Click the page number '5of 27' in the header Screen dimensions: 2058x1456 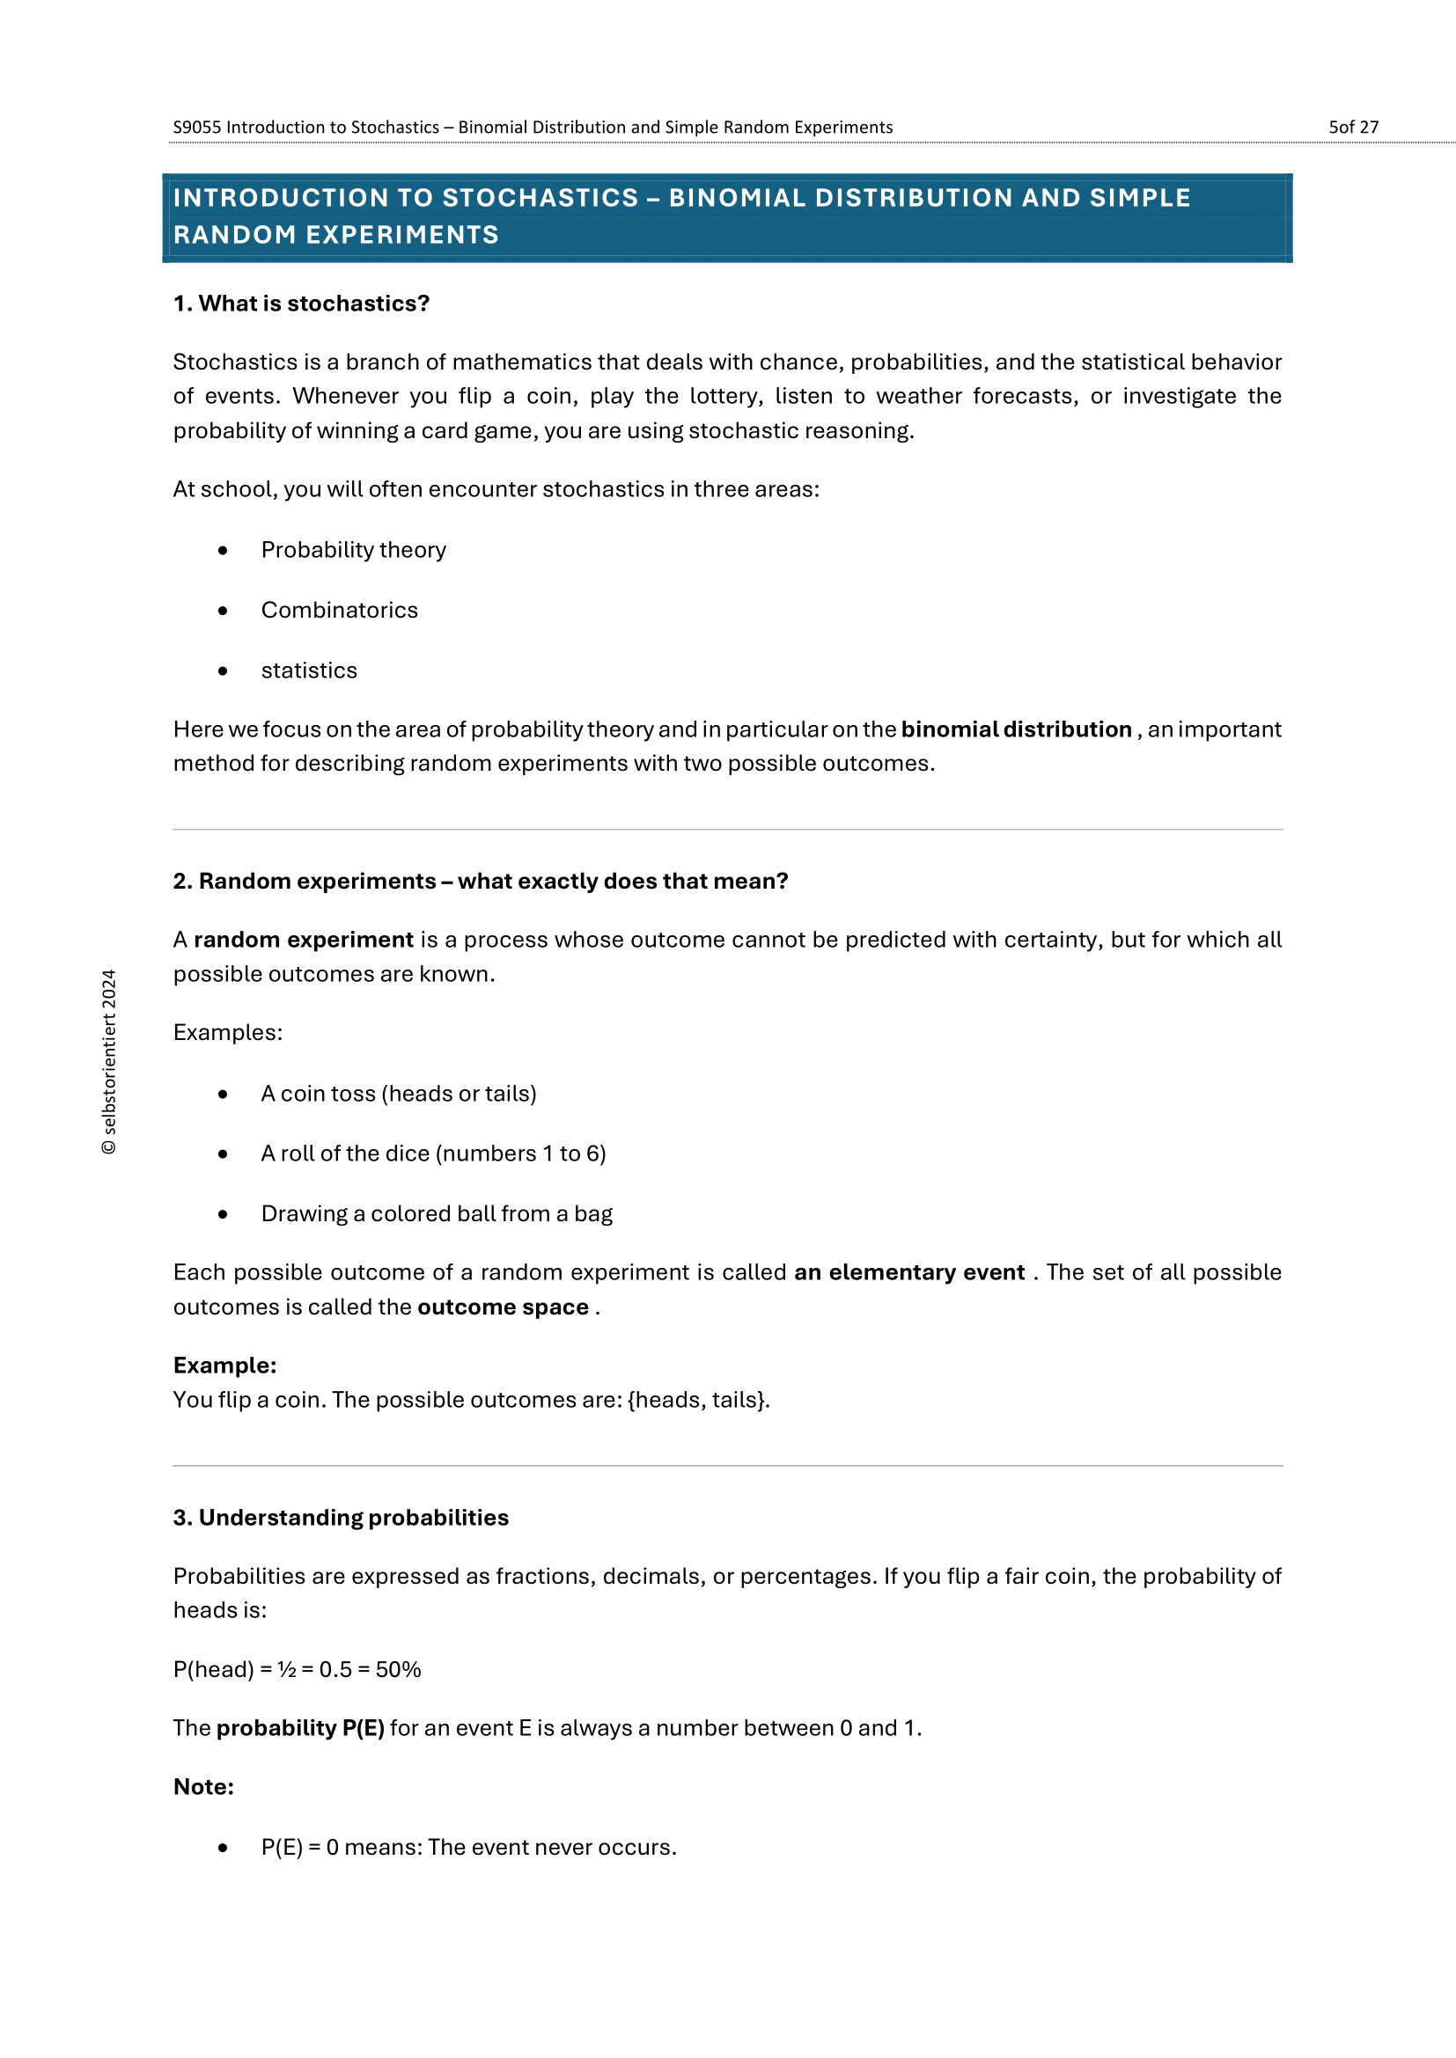pyautogui.click(x=1352, y=128)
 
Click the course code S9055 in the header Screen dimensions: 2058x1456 pyautogui.click(x=196, y=128)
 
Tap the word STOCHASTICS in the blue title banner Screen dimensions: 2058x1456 pyautogui.click(x=540, y=198)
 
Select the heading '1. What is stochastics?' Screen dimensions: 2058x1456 pyautogui.click(x=301, y=304)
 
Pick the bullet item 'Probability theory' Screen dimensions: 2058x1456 pyautogui.click(x=353, y=549)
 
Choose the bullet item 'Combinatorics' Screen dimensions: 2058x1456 pyautogui.click(x=339, y=611)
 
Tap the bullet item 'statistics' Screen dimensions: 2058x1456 pyautogui.click(x=308, y=670)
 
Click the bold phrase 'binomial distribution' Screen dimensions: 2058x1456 pyautogui.click(x=1016, y=729)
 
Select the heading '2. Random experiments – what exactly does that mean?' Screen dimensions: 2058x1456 pyautogui.click(x=481, y=881)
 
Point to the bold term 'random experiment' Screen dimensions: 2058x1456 pyautogui.click(x=303, y=940)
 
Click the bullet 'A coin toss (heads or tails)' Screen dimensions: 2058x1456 pyautogui.click(x=398, y=1094)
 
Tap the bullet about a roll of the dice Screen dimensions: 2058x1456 pyautogui.click(x=433, y=1154)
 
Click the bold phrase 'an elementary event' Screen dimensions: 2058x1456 pyautogui.click(x=909, y=1272)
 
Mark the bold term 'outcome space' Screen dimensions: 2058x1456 pyautogui.click(x=503, y=1307)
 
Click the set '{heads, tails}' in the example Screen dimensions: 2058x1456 pyautogui.click(x=697, y=1400)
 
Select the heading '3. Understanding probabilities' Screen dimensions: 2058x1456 pyautogui.click(x=341, y=1518)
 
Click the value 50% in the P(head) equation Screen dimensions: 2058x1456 pyautogui.click(x=398, y=1669)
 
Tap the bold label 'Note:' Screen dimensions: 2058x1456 pyautogui.click(x=203, y=1786)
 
